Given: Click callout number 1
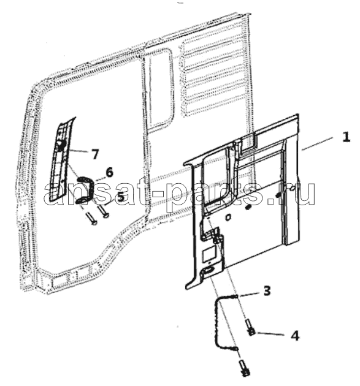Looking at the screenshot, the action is point(346,137).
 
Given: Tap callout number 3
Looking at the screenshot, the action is point(267,291).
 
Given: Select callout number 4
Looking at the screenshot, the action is point(295,336).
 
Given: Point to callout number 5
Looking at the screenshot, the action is point(120,197).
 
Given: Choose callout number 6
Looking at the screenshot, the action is point(109,172).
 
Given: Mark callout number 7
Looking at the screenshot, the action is point(94,154).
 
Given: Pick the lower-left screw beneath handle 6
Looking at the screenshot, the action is point(91,219).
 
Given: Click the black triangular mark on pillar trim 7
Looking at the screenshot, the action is point(60,145).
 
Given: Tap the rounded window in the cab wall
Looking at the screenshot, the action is point(158,88).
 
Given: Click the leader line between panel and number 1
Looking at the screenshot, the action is point(317,143).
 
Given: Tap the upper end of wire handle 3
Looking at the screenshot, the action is point(236,296).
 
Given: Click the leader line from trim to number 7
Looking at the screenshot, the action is point(77,151).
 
